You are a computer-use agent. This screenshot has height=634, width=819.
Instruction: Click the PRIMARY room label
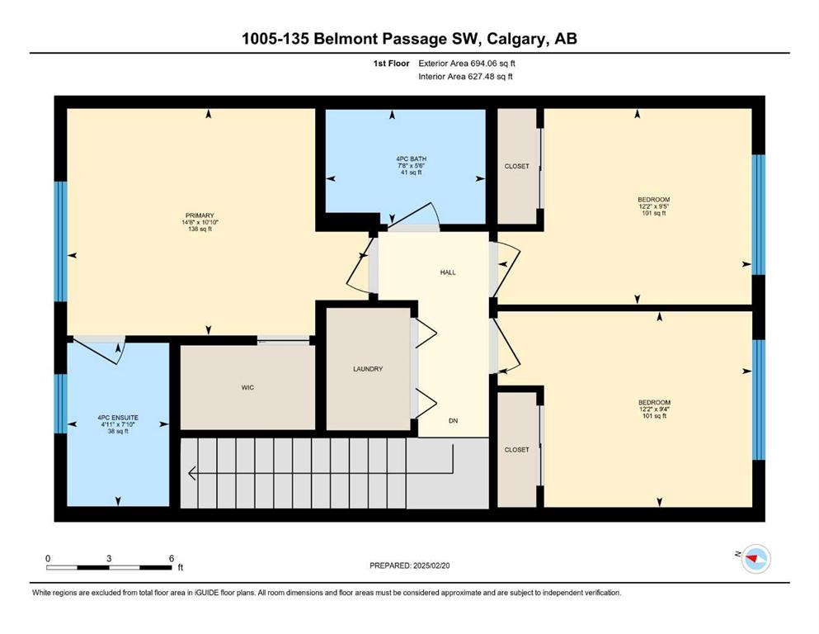pyautogui.click(x=200, y=215)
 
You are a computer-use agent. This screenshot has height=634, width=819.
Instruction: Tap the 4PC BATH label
pyautogui.click(x=411, y=158)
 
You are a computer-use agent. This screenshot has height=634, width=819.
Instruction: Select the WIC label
pyautogui.click(x=247, y=387)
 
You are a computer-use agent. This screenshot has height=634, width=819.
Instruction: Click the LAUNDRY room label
pyautogui.click(x=368, y=369)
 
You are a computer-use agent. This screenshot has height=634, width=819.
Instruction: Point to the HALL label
pyautogui.click(x=448, y=272)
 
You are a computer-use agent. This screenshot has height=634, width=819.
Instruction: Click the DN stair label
pyautogui.click(x=453, y=421)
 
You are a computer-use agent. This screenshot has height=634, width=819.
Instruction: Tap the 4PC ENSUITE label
pyautogui.click(x=118, y=418)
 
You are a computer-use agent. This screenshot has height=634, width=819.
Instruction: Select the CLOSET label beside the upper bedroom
pyautogui.click(x=516, y=166)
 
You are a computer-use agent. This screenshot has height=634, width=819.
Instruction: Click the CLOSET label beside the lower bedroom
pyautogui.click(x=516, y=450)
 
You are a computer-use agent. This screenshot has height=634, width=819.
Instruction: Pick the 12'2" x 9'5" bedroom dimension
pyautogui.click(x=653, y=206)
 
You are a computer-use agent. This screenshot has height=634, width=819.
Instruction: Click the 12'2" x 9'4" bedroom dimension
pyautogui.click(x=654, y=409)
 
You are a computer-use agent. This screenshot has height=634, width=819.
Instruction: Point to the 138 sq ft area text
pyautogui.click(x=200, y=229)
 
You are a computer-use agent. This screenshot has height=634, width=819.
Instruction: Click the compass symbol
pyautogui.click(x=755, y=559)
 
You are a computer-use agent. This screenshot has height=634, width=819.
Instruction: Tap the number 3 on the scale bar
pyautogui.click(x=109, y=558)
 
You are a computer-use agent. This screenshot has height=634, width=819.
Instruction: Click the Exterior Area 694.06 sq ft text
pyautogui.click(x=467, y=64)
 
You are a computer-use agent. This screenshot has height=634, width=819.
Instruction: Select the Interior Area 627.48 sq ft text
pyautogui.click(x=465, y=76)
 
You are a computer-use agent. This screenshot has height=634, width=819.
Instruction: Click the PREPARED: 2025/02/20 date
pyautogui.click(x=409, y=565)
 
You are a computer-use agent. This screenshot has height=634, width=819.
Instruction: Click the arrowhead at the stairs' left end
pyautogui.click(x=191, y=473)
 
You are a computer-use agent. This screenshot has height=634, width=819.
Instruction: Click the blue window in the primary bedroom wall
pyautogui.click(x=62, y=241)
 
